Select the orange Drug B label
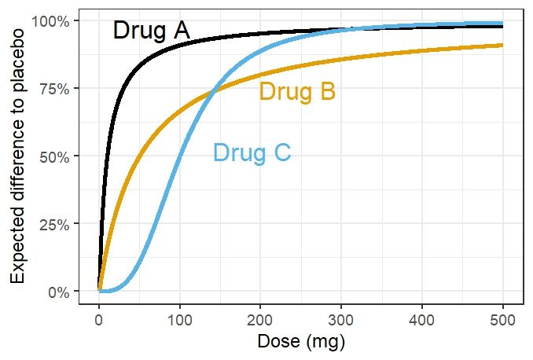(x=297, y=92)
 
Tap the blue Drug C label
(x=252, y=152)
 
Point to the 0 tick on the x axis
(x=98, y=320)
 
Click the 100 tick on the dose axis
(x=179, y=320)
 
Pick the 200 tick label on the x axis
(x=260, y=320)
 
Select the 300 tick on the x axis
(x=341, y=320)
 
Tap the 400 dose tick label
(x=422, y=320)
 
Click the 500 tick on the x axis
(x=503, y=320)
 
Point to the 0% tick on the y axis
(x=64, y=292)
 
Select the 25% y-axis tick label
(x=61, y=224)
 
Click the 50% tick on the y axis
(x=61, y=156)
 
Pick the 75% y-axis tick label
(x=61, y=88)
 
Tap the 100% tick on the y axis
(x=57, y=20)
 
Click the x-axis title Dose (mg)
(x=300, y=343)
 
